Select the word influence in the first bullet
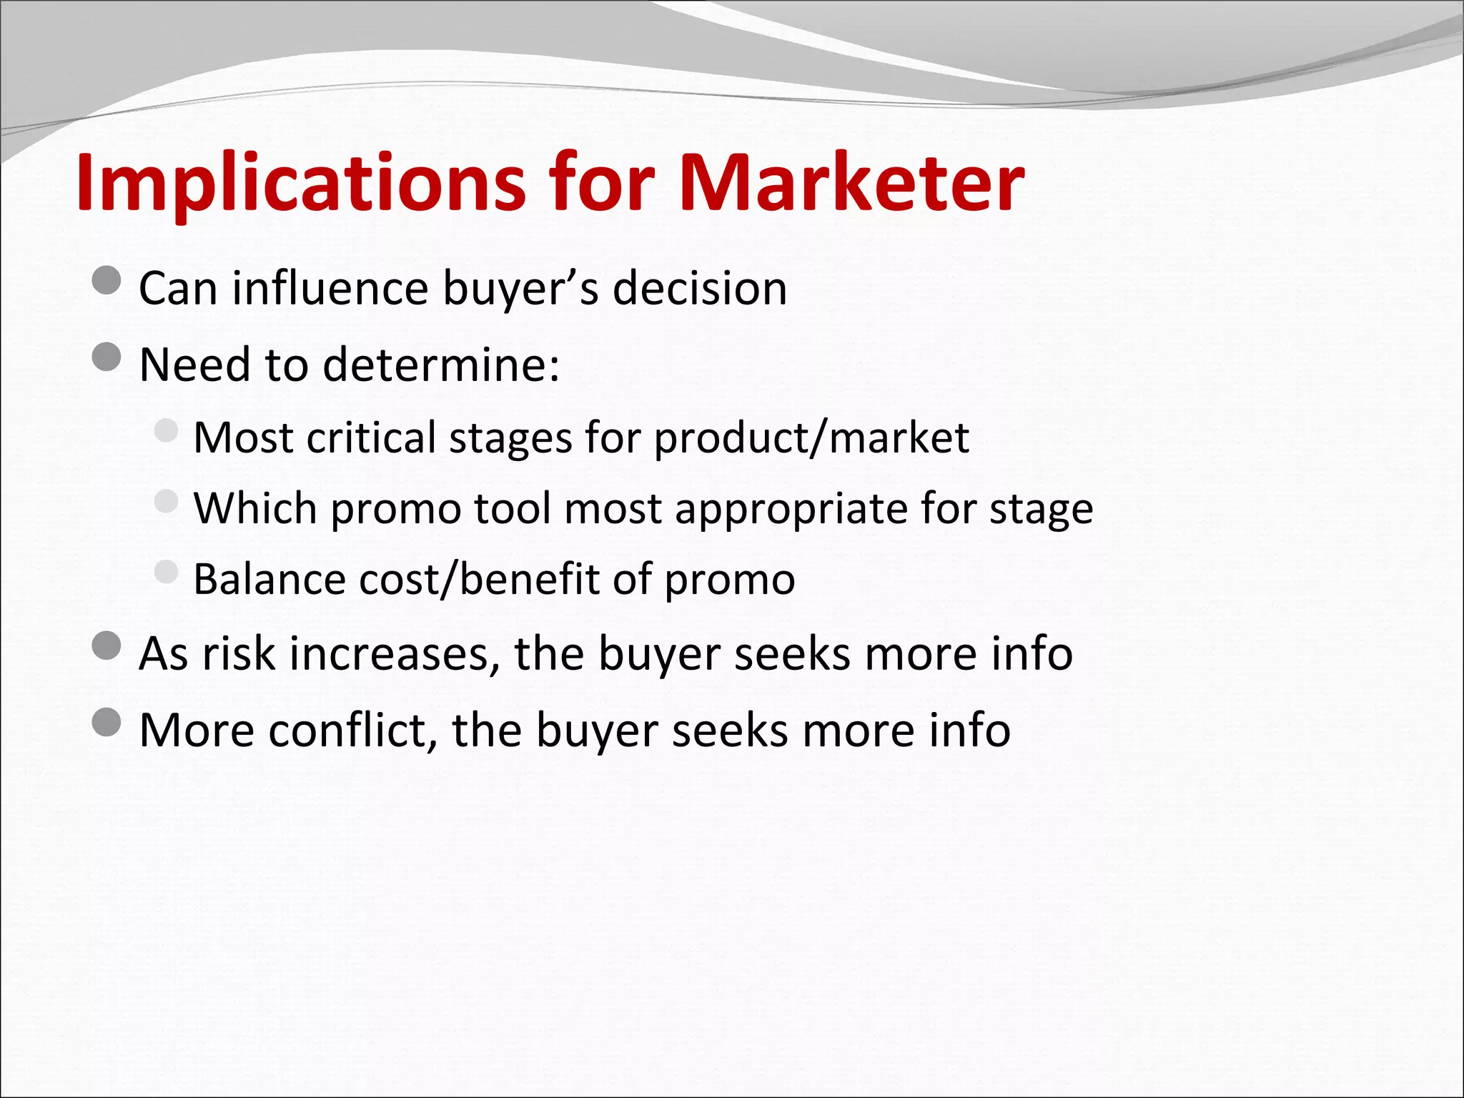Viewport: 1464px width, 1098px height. [x=330, y=288]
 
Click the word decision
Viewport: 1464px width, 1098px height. [x=700, y=288]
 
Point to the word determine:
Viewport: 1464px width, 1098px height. [x=441, y=365]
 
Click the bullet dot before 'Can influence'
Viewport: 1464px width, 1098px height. [x=107, y=280]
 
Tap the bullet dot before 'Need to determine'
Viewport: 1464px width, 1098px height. [x=107, y=357]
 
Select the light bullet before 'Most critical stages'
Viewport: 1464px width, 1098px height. [x=166, y=430]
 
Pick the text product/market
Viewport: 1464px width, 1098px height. [x=811, y=437]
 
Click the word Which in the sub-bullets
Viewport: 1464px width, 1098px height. [x=255, y=508]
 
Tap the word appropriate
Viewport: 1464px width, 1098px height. [x=791, y=508]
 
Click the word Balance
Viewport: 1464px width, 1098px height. [x=270, y=579]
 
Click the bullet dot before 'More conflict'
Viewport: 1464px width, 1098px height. [x=107, y=723]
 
